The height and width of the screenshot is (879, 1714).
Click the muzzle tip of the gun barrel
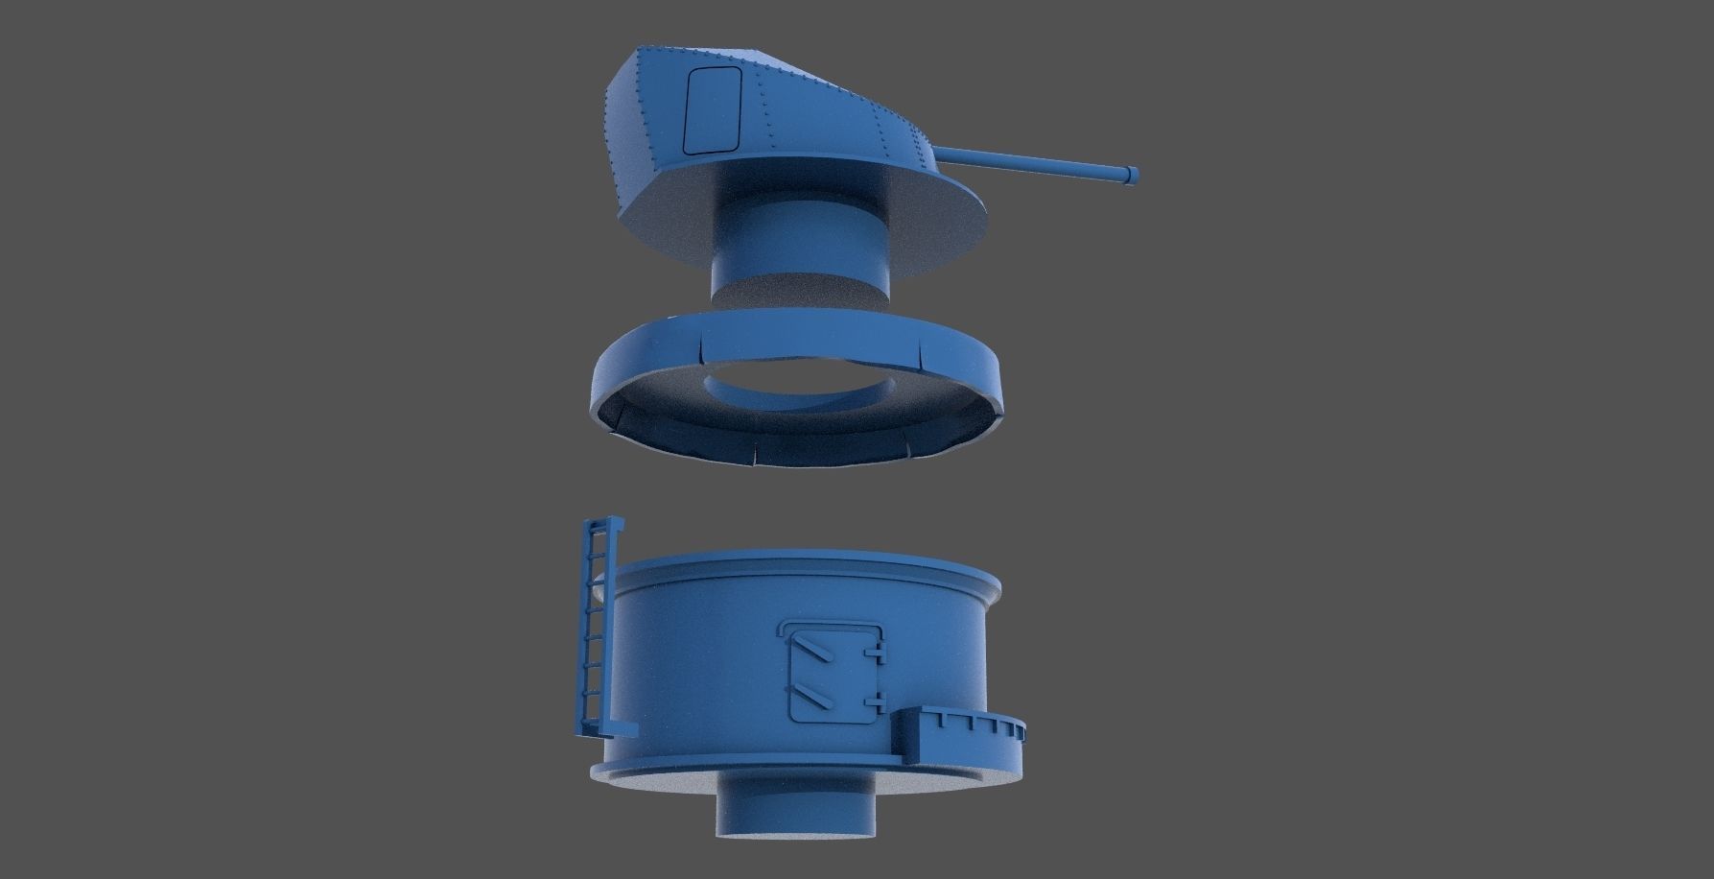(x=1134, y=174)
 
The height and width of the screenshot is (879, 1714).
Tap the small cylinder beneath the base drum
(x=796, y=816)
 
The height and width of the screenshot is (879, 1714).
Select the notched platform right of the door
(x=964, y=734)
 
